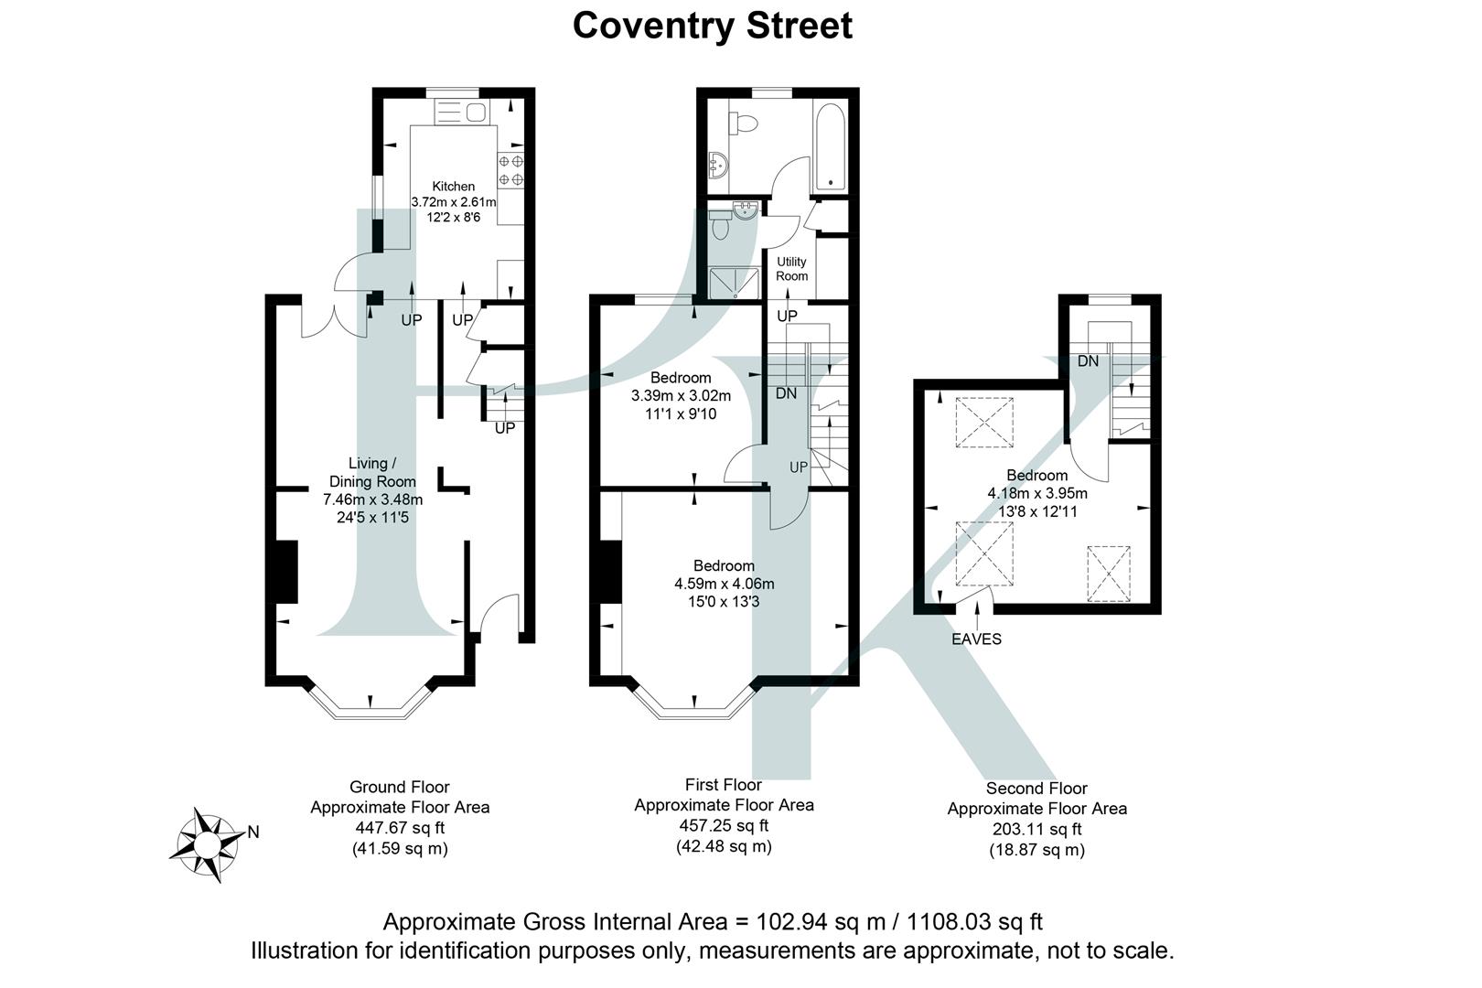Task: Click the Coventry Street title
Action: tap(712, 25)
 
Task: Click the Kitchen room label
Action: tap(453, 186)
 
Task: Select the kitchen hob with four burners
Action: tap(510, 171)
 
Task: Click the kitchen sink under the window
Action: tap(465, 113)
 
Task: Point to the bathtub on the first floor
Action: tap(830, 146)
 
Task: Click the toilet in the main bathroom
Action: tap(743, 122)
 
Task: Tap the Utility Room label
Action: tap(791, 268)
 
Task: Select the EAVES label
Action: tap(976, 639)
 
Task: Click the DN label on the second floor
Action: tap(1087, 361)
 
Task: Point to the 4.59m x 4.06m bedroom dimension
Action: tap(724, 584)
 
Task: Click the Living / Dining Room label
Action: tap(372, 472)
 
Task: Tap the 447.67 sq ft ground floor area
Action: tap(400, 828)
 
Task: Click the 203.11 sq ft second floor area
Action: tap(1036, 830)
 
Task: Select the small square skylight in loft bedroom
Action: tap(1109, 574)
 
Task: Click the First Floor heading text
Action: tap(723, 785)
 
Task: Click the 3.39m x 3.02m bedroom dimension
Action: tap(681, 396)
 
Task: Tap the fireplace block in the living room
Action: tap(285, 572)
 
